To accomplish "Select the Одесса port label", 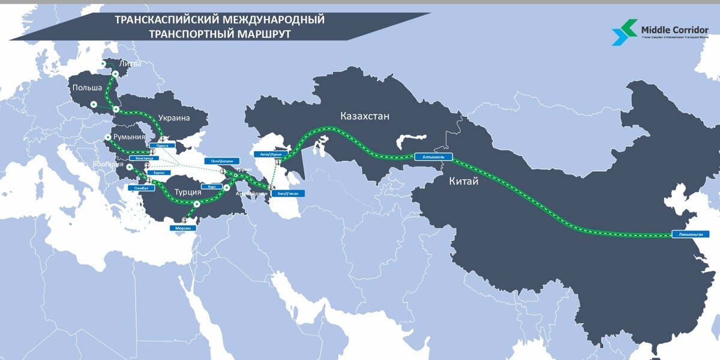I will point(161,145).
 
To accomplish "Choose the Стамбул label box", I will point(142,188).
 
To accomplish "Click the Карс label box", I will point(212,187).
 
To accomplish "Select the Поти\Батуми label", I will point(222,161).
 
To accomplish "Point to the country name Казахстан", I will point(364,116).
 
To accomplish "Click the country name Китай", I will point(464,181).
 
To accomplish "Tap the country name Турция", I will point(187,193).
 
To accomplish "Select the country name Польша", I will point(87,89).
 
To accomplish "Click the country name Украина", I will point(174,118).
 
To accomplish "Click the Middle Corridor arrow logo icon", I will point(624,31).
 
